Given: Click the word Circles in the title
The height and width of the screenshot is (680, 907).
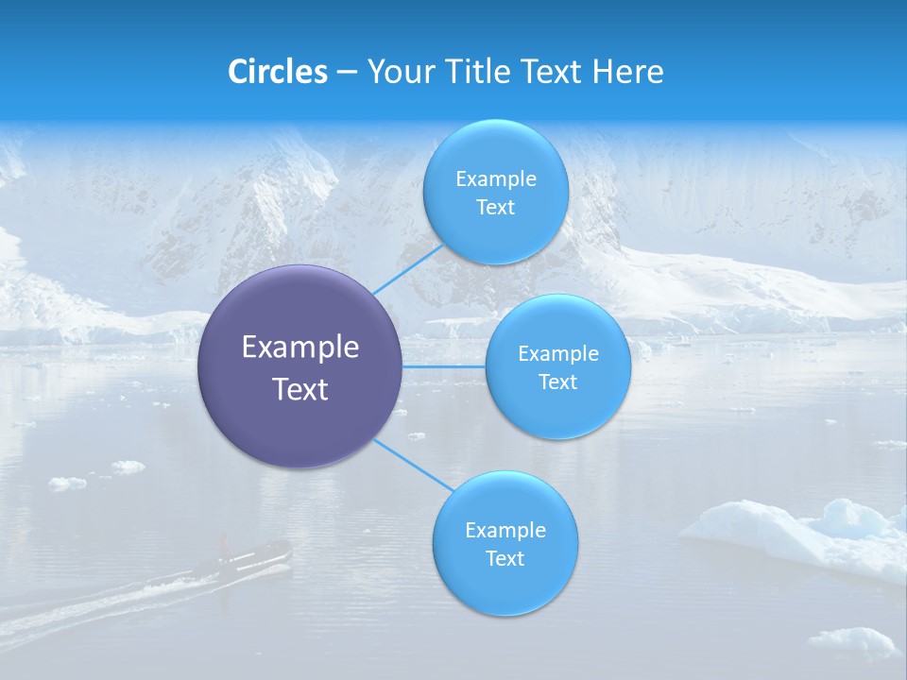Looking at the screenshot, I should point(278,72).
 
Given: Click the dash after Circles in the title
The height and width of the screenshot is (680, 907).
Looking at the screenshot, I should point(347,73).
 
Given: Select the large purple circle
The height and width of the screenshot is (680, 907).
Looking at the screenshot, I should point(299,366).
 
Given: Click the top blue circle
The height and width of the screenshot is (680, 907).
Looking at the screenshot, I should point(495,192).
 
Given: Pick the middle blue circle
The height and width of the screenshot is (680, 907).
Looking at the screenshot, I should point(557,366).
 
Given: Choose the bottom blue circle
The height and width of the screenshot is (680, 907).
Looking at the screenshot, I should point(505,543).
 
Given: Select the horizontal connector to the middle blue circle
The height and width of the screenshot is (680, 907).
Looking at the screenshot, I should point(444,366).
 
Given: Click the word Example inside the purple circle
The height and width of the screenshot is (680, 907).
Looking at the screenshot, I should point(299,348).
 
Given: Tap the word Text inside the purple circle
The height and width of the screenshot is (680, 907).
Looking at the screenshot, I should point(299,389).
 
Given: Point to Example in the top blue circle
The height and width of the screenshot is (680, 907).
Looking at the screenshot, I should point(495,178).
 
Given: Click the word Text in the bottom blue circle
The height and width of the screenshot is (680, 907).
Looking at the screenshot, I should point(505,558).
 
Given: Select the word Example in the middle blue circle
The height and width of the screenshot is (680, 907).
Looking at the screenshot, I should point(557,353).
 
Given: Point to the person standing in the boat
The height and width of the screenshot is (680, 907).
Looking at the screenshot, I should point(225,545).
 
